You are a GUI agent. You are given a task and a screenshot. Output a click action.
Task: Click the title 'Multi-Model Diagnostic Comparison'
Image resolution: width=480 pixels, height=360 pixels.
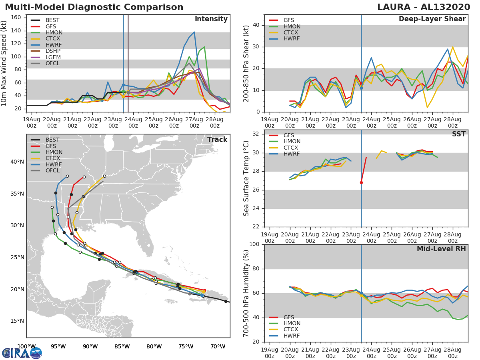[94, 7]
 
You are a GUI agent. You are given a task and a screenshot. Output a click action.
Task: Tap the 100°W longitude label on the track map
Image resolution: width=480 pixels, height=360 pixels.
[26, 346]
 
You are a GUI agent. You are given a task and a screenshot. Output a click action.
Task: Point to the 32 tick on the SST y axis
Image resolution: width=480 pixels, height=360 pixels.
[257, 134]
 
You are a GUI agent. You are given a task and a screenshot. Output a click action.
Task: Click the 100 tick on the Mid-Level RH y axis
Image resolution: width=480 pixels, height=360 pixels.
[255, 244]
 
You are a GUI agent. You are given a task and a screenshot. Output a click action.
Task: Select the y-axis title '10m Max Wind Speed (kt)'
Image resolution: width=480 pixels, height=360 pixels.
[4, 64]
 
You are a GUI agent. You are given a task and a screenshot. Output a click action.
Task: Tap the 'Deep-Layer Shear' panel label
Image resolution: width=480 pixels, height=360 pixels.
[432, 20]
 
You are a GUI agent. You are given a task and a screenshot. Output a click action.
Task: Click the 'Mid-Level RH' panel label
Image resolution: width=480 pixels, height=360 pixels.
[441, 249]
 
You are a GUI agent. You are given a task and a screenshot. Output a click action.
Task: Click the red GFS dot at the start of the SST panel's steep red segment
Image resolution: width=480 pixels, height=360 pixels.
[361, 182]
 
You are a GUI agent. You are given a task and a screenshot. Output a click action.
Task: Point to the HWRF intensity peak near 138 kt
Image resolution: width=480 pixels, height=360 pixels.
[194, 32]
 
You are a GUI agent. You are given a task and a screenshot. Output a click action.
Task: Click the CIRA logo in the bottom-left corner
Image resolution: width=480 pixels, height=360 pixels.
[22, 353]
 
